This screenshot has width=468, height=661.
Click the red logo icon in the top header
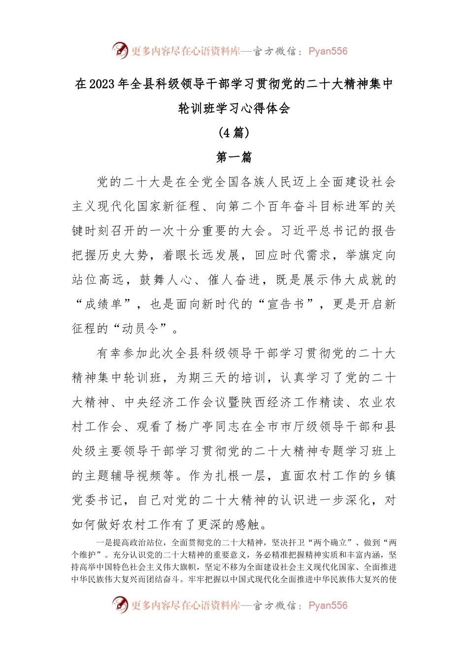(120, 51)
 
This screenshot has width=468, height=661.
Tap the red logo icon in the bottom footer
(120, 605)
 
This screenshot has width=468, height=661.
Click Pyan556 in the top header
(328, 51)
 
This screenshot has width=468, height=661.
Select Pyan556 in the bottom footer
(328, 605)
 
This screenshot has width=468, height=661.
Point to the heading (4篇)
(234, 133)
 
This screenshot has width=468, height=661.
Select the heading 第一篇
(234, 157)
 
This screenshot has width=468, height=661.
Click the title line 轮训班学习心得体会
(234, 109)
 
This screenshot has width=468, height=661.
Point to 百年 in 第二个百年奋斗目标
(279, 207)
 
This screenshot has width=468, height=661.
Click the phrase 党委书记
(97, 500)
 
